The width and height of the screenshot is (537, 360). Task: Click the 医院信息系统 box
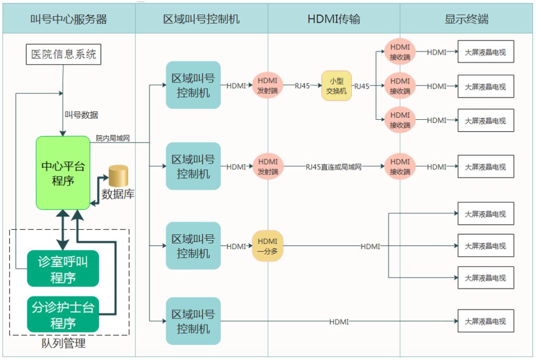(x=64, y=54)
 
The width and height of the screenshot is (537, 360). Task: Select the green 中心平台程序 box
(x=63, y=173)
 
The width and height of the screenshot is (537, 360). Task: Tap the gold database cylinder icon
(x=118, y=176)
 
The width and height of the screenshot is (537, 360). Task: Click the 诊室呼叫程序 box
(x=63, y=269)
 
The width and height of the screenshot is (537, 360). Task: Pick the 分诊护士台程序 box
(x=63, y=315)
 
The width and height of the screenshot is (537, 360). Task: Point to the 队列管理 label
(x=64, y=343)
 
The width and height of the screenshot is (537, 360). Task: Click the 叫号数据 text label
(x=81, y=115)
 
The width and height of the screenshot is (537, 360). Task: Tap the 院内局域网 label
(x=113, y=138)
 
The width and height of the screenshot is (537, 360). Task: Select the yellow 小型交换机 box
(x=337, y=86)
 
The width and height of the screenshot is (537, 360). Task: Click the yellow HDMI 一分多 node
(x=268, y=246)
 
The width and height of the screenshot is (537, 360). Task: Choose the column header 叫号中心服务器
(x=69, y=19)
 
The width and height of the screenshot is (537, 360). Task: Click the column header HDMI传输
(x=334, y=19)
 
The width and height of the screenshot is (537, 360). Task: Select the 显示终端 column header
(x=466, y=19)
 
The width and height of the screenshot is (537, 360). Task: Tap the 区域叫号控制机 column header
(x=201, y=19)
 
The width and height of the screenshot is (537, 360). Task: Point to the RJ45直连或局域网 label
(x=334, y=167)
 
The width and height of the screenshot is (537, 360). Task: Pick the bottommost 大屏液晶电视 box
(x=485, y=321)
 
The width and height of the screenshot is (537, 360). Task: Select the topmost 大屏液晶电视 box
(x=485, y=52)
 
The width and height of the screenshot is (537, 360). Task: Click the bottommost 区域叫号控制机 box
(x=193, y=321)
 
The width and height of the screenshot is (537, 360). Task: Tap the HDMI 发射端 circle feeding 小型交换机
(x=268, y=86)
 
